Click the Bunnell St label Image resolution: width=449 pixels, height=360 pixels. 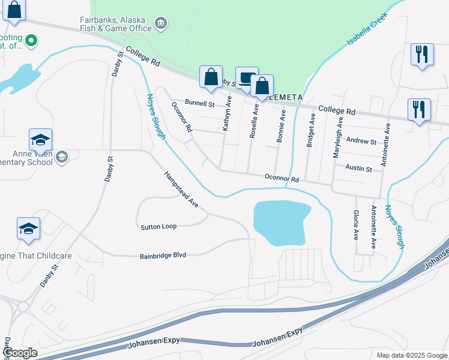tap(199, 104)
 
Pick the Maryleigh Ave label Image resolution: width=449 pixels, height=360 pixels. tap(338, 137)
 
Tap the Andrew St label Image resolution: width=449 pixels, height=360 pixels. tap(361, 142)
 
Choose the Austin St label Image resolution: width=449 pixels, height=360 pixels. tap(360, 170)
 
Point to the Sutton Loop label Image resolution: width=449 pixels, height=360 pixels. tap(158, 227)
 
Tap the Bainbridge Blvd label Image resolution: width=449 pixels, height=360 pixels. tap(163, 255)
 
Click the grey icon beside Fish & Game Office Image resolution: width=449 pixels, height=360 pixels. tap(161, 23)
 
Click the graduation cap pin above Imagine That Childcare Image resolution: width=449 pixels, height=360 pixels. tap(28, 229)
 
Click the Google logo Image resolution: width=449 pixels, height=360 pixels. tap(20, 353)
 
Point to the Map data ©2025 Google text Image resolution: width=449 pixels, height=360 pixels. tap(411, 355)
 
